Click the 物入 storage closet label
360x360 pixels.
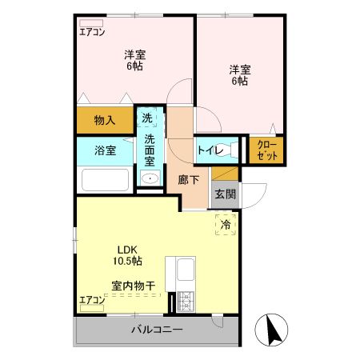pos(105,121)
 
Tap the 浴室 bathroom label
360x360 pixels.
pos(105,150)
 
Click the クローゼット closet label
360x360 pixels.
pos(267,150)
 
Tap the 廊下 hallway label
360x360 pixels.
pos(190,180)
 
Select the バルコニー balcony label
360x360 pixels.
pos(158,330)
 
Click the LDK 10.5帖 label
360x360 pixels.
pos(126,255)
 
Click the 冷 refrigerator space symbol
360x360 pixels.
pos(226,225)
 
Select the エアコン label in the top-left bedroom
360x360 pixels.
pos(92,33)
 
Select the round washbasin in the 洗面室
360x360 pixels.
pos(148,177)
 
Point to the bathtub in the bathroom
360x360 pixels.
pos(105,182)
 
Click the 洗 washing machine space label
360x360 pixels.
pos(146,118)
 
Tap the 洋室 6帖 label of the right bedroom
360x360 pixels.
pos(240,75)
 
